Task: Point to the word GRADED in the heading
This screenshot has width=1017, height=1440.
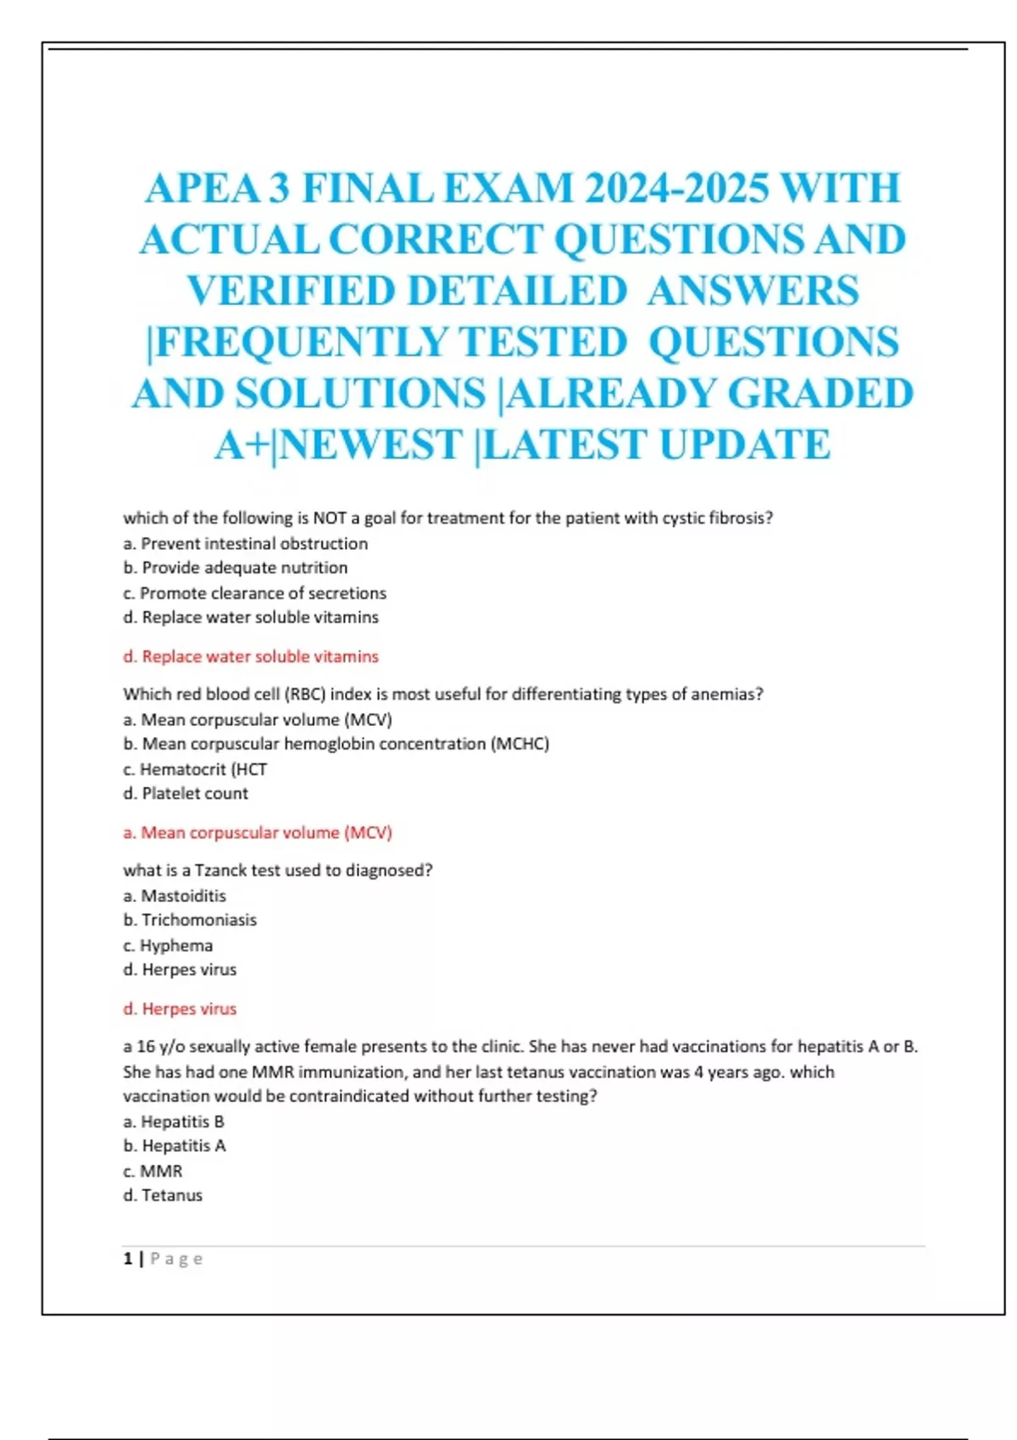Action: (x=820, y=394)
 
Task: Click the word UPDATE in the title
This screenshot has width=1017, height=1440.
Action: (x=745, y=445)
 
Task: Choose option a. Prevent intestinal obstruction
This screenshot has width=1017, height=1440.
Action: (x=246, y=544)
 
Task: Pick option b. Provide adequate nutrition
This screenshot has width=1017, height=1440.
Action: (x=236, y=568)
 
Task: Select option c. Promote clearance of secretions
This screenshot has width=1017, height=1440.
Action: (x=254, y=593)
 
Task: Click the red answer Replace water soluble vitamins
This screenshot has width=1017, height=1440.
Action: (x=251, y=656)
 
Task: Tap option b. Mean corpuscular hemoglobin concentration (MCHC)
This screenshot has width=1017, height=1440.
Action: (x=336, y=744)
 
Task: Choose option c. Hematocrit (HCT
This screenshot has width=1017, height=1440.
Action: (x=195, y=769)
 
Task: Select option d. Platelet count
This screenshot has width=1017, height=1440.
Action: (x=186, y=794)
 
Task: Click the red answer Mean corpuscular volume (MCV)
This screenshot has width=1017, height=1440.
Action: (x=258, y=833)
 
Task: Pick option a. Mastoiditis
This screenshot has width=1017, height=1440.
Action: (x=175, y=896)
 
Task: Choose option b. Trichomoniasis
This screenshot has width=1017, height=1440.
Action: (x=190, y=920)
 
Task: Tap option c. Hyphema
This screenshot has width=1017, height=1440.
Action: (x=168, y=945)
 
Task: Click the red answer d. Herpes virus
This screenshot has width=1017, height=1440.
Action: (x=180, y=1009)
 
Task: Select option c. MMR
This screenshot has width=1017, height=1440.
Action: (x=153, y=1171)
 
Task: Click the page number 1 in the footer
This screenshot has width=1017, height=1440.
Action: (x=128, y=1259)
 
